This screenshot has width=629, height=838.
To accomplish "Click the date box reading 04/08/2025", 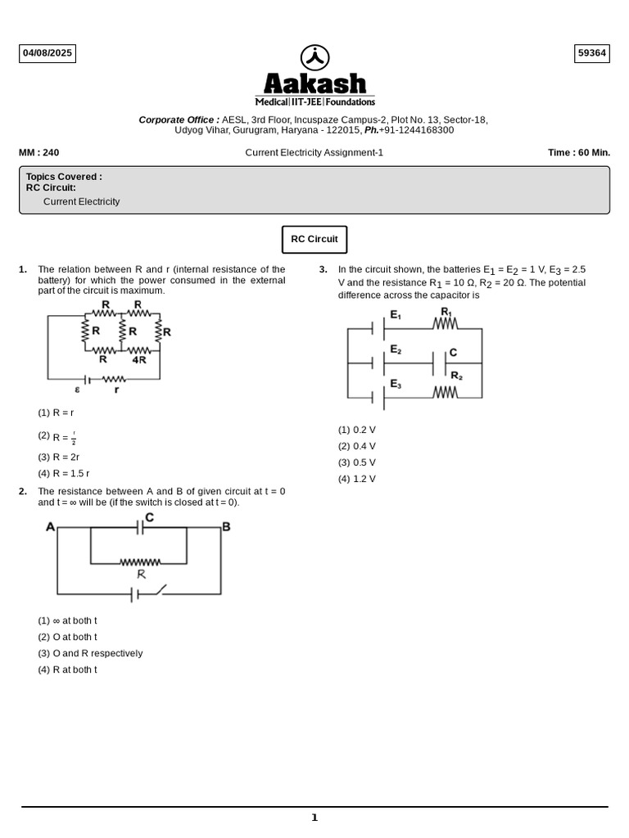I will point(48,54).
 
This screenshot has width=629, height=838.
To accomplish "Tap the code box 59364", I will point(592,54).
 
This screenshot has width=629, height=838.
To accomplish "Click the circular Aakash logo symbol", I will point(314,57).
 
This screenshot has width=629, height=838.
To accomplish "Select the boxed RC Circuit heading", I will point(314,240).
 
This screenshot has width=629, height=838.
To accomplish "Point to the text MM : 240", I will point(39,152).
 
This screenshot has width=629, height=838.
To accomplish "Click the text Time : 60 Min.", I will point(579,152).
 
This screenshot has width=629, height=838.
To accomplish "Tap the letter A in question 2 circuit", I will point(51,527).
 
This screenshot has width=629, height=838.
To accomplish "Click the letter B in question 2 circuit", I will point(226,527).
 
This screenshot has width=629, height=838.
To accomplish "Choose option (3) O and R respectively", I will point(90,654).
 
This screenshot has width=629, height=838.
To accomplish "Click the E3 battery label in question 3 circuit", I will point(396,383).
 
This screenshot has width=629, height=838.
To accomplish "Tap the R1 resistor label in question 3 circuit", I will point(446,312).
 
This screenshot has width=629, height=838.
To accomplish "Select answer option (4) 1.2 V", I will point(357,480).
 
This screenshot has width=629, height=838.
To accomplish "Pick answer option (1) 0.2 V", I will point(357,430).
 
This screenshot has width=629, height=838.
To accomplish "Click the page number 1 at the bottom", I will point(314,818).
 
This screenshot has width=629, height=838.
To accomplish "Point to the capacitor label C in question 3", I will point(453,353).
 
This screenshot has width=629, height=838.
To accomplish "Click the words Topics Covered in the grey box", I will point(64,177).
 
